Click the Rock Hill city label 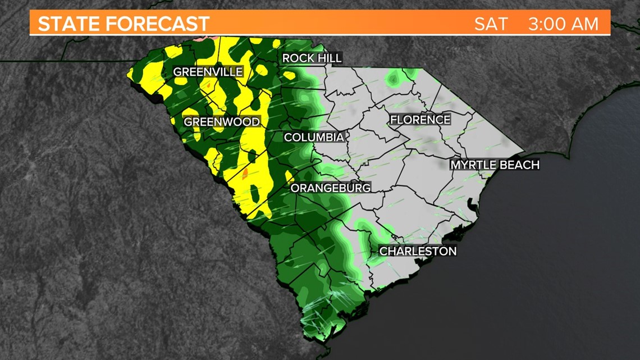[312, 58]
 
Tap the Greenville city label [208, 72]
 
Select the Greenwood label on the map [222, 122]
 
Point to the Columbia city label [313, 137]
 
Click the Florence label [420, 120]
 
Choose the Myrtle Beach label [495, 165]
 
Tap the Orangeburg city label [330, 188]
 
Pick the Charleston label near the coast [418, 251]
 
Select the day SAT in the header [491, 24]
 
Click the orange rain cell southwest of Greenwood [244, 172]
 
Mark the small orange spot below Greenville [208, 85]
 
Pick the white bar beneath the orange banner [320, 35]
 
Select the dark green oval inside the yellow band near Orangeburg [255, 194]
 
